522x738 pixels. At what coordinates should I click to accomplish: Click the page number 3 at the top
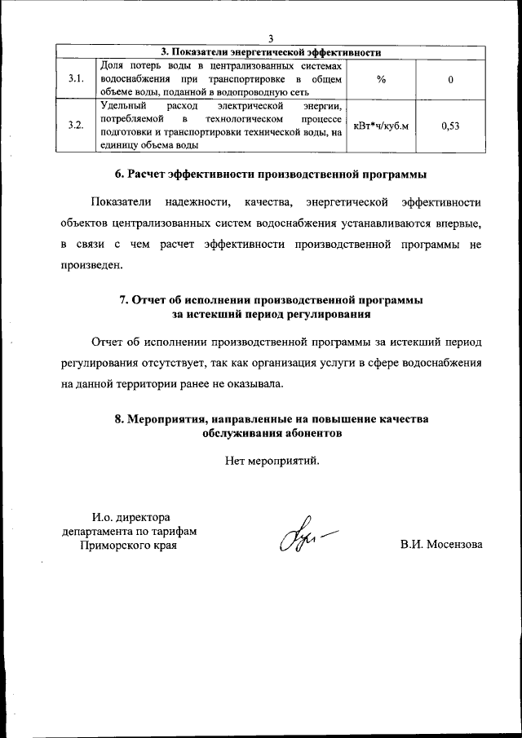click(270, 39)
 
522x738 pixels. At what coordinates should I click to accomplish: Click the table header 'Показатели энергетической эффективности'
click(270, 51)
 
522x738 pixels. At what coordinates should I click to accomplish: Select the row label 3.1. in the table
click(76, 79)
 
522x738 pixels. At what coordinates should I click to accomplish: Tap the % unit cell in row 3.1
click(381, 79)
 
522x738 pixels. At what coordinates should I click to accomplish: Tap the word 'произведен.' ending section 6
click(91, 265)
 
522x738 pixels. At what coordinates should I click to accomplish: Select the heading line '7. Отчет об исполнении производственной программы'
click(270, 299)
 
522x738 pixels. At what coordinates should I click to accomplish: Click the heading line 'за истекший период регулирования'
click(270, 313)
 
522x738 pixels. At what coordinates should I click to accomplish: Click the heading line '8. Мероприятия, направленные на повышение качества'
click(270, 418)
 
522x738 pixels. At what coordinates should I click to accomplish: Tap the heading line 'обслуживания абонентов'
click(270, 433)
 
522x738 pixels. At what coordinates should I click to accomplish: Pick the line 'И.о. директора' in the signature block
click(130, 516)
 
